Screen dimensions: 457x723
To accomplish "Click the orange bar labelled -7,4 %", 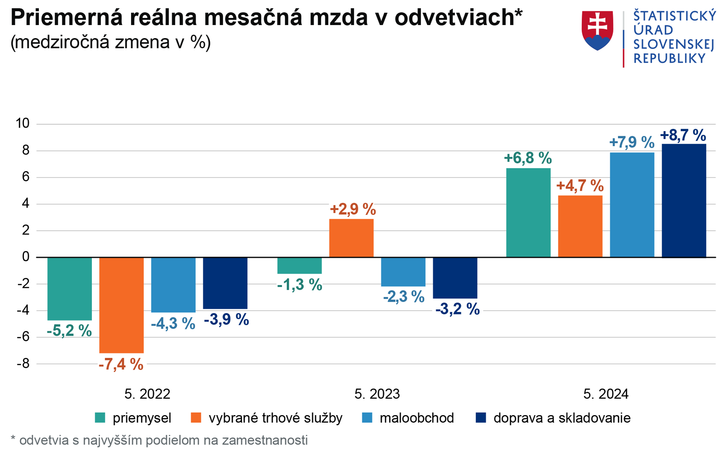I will (121, 305).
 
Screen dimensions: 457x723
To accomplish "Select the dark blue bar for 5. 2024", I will (684, 201).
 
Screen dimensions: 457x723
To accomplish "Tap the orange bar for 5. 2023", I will (351, 238).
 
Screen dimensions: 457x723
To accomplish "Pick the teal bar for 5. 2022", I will (70, 289).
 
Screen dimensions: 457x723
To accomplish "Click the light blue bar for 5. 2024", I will (632, 205).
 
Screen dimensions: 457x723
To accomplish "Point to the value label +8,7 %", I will (683, 135).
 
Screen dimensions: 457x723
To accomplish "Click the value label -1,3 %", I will (300, 285).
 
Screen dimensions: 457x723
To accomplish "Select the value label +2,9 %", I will (353, 209).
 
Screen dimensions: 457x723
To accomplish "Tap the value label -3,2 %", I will (458, 309).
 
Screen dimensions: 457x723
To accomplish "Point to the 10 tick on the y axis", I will (22, 123).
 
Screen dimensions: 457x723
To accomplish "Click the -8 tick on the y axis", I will (23, 364).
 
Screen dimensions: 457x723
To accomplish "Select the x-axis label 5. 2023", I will (377, 394).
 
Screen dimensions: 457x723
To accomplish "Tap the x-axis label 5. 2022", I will (147, 394).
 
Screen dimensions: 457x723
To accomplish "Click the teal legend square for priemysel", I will (100, 418).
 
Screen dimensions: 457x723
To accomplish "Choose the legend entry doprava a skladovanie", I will (562, 418).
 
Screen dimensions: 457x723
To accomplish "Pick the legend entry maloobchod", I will (417, 418).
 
